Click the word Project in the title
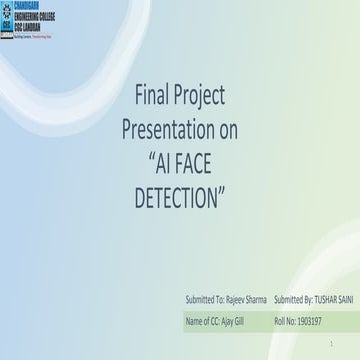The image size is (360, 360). (x=200, y=96)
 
